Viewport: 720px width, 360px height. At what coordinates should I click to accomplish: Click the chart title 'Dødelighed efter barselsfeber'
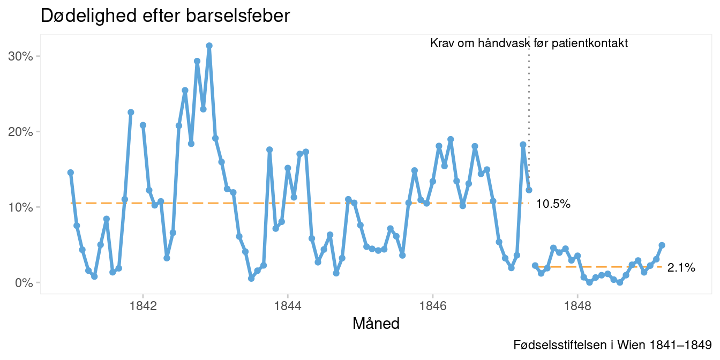pyautogui.click(x=165, y=16)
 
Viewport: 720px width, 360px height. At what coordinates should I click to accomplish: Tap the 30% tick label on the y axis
pyautogui.click(x=20, y=56)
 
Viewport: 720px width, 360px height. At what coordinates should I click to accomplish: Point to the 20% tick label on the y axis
pyautogui.click(x=20, y=132)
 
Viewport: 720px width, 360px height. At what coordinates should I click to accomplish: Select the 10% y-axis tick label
pyautogui.click(x=20, y=207)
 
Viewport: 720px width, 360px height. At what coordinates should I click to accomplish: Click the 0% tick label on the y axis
pyautogui.click(x=23, y=283)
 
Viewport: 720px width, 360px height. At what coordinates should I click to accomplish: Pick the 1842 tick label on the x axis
pyautogui.click(x=143, y=307)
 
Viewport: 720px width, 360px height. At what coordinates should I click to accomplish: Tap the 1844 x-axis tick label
pyautogui.click(x=288, y=307)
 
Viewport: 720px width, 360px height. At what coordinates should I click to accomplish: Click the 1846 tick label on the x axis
pyautogui.click(x=432, y=307)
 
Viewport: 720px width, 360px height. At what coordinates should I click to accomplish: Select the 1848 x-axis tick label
pyautogui.click(x=577, y=307)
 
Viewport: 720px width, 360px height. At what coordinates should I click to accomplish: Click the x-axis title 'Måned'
pyautogui.click(x=376, y=324)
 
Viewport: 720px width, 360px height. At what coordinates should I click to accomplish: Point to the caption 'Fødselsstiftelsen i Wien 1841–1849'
pyautogui.click(x=612, y=344)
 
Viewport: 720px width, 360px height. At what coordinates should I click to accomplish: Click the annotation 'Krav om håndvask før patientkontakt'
pyautogui.click(x=529, y=43)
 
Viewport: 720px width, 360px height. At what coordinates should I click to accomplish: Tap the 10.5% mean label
pyautogui.click(x=553, y=204)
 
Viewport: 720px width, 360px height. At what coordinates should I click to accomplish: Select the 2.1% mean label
pyautogui.click(x=681, y=268)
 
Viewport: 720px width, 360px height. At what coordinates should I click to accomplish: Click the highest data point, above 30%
pyautogui.click(x=209, y=46)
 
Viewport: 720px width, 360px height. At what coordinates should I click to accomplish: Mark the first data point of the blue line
pyautogui.click(x=71, y=172)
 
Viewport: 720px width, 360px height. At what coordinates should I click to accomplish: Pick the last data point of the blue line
pyautogui.click(x=662, y=245)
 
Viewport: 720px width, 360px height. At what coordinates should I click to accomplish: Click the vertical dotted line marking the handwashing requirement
pyautogui.click(x=529, y=107)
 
